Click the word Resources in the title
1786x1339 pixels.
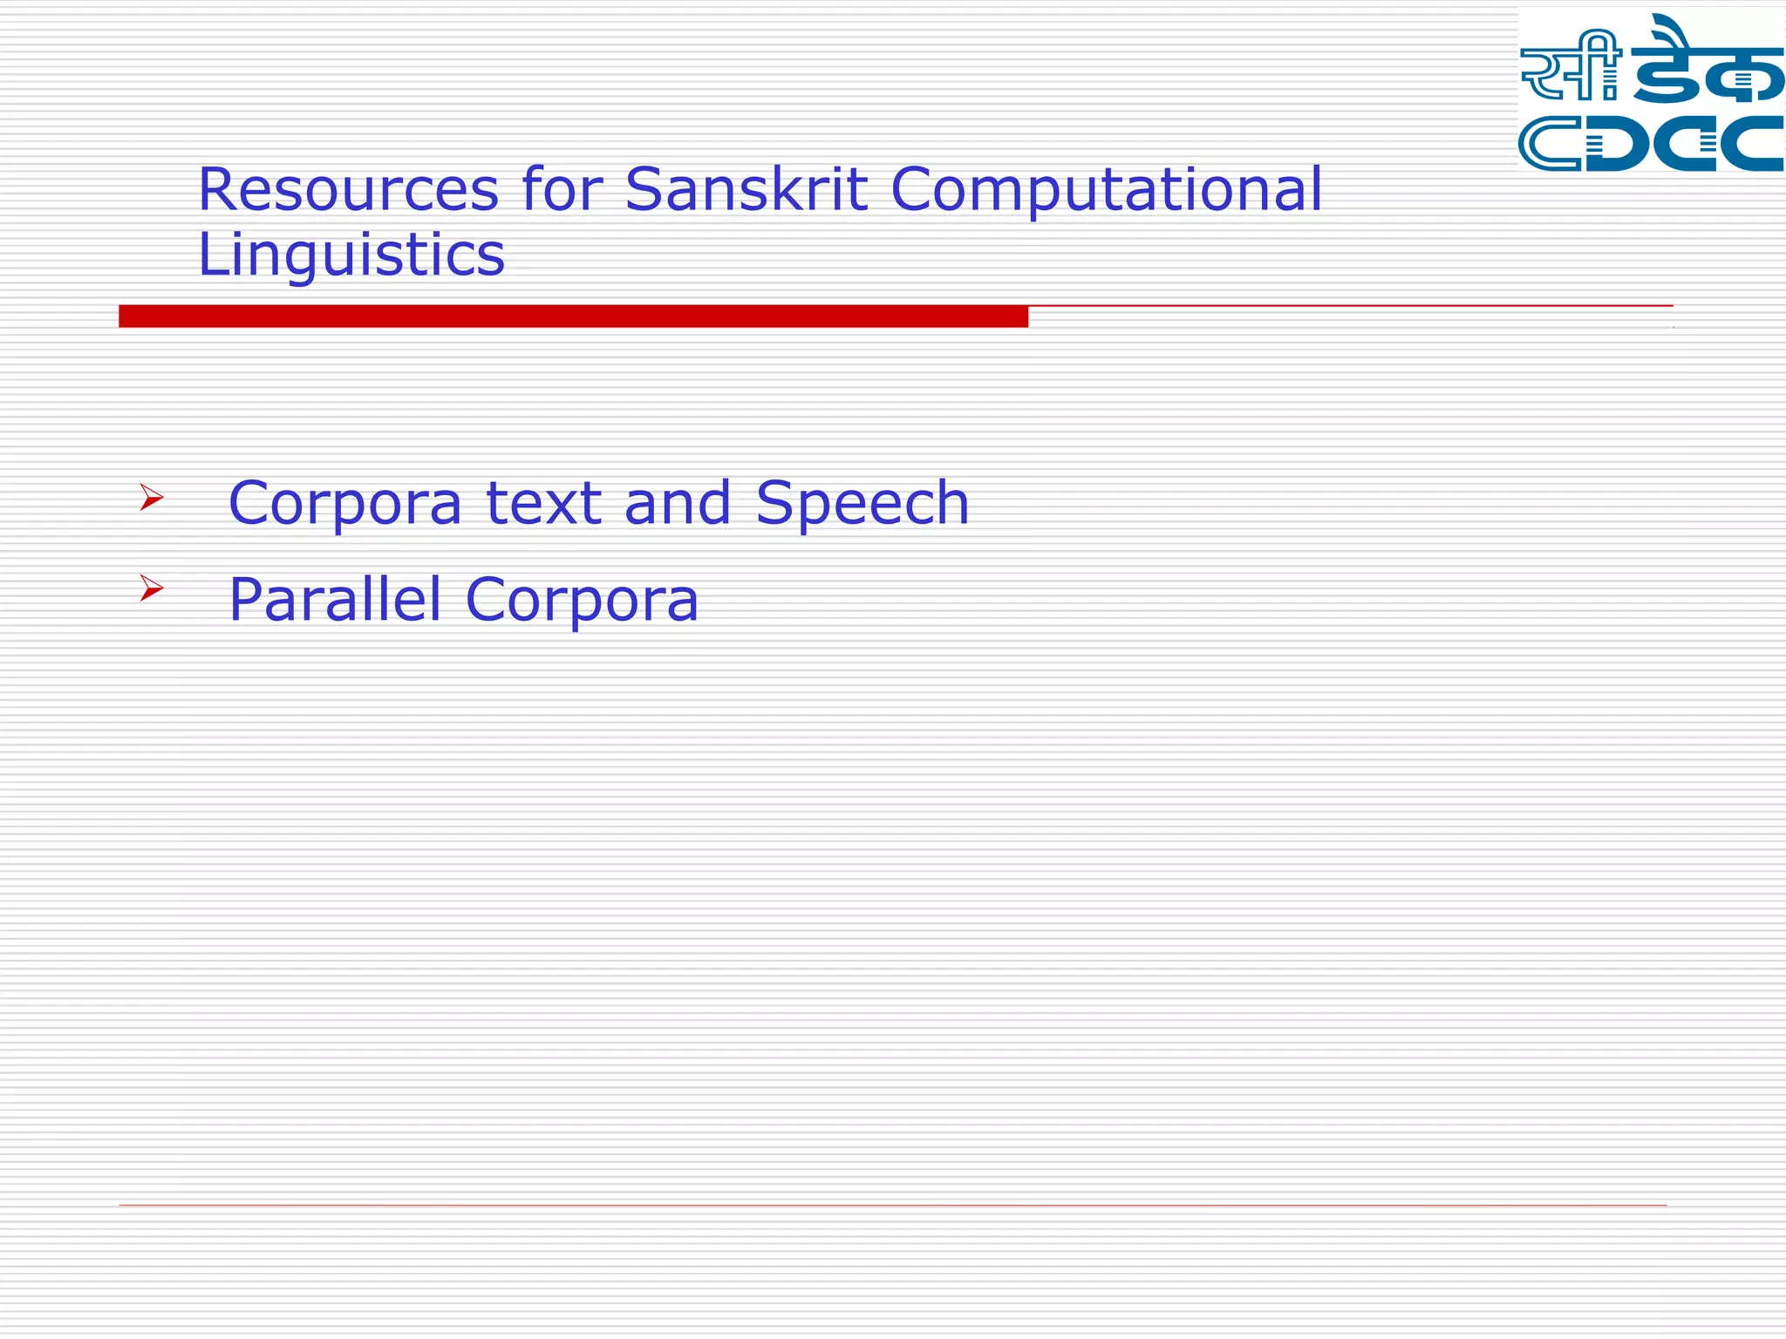[348, 189]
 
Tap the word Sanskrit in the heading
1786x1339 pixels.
[746, 189]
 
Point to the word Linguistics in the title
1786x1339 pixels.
[351, 255]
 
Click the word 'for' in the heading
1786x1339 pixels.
[562, 189]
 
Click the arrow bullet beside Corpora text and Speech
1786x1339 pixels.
[152, 499]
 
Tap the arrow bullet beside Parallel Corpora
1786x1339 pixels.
[152, 589]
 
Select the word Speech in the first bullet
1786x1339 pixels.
[862, 504]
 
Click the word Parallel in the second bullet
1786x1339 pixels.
[335, 599]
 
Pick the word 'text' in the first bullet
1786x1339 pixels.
[543, 504]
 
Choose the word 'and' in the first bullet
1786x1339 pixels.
[678, 504]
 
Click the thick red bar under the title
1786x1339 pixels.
[573, 316]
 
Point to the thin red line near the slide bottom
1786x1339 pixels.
[892, 1206]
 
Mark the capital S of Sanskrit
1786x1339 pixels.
[643, 189]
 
